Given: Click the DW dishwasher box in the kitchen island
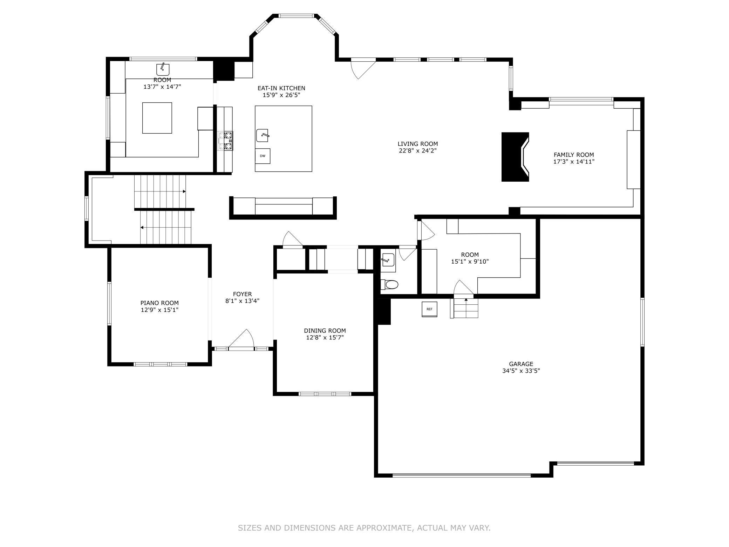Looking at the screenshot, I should pos(263,156).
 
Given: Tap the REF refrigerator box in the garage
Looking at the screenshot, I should pos(429,309).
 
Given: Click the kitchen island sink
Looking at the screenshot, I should pos(263,135).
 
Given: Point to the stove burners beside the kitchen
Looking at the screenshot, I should pos(225,140).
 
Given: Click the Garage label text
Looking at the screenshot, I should pos(521,364).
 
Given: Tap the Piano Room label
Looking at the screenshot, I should pos(159,303).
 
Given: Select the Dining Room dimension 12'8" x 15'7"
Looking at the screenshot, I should pos(325,338).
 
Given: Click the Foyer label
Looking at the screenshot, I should pos(242,294).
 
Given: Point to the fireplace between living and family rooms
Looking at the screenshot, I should pos(515,157).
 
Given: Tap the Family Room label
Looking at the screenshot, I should pos(573,155).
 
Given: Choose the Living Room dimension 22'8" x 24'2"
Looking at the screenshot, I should pos(417,151).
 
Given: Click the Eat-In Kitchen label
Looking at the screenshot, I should pos(281,88).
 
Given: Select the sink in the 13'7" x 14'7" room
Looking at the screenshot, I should pos(163,69).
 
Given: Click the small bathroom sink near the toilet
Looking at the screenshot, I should pos(388,260).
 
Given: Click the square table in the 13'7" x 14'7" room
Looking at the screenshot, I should pos(157,118).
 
